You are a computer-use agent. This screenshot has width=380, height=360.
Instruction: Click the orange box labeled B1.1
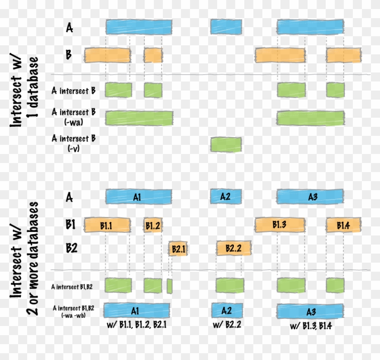click(x=107, y=225)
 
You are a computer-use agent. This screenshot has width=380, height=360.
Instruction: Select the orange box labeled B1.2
click(x=153, y=225)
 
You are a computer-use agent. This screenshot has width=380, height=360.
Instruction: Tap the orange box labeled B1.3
click(x=280, y=225)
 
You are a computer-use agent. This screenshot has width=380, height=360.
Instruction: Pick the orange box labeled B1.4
click(x=343, y=225)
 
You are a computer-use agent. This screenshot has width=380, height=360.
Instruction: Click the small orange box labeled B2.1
click(x=178, y=249)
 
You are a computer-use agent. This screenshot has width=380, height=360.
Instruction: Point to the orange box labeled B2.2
click(x=233, y=248)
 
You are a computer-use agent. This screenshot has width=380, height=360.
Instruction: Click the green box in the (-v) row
click(x=226, y=144)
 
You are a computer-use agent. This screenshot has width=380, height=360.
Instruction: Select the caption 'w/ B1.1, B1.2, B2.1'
click(x=133, y=325)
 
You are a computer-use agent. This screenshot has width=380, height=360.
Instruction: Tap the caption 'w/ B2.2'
click(x=226, y=325)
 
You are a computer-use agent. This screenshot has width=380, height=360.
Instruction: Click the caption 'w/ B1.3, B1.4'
click(x=311, y=325)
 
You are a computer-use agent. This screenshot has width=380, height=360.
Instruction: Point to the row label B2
click(x=71, y=248)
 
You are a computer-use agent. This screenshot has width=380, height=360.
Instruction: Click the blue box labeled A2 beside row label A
click(x=226, y=197)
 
